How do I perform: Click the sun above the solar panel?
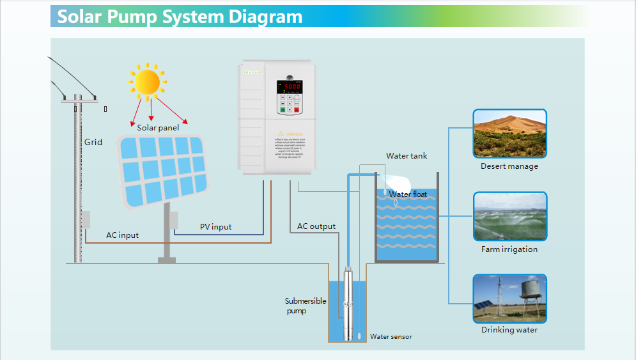coord(147,82)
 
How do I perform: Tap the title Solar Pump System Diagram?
coord(180,17)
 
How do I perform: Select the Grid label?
coord(93,142)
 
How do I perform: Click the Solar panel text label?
coord(158,127)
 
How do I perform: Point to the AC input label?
coord(122,235)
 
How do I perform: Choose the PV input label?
coord(215,227)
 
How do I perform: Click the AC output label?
coord(316,226)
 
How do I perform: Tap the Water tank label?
coord(407,156)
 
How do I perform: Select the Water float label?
coord(408,194)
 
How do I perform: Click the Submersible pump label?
coord(305,306)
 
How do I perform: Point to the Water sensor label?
coord(391,337)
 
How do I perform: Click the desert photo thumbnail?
coord(509,133)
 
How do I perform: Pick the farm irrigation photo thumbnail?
coord(509,216)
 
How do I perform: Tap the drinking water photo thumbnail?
coord(509,299)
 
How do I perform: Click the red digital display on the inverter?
coord(292,86)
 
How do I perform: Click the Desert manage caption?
coord(509,166)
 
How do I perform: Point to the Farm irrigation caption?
coord(509,249)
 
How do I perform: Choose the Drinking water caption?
coord(509,330)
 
